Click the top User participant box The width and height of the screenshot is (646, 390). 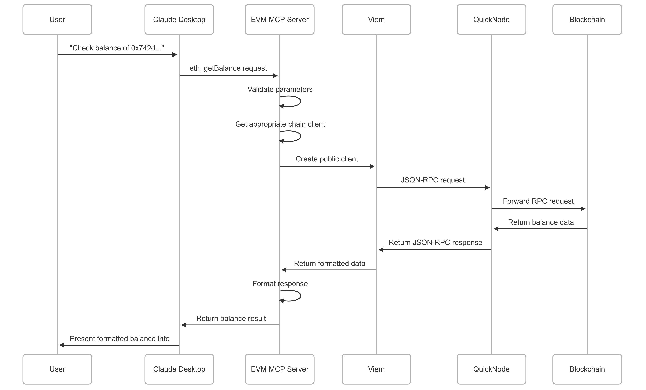point(57,19)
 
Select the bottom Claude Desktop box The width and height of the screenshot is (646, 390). point(179,369)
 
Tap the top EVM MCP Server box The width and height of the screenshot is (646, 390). point(279,19)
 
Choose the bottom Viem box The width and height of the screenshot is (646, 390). point(376,369)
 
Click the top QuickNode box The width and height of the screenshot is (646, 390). point(491,19)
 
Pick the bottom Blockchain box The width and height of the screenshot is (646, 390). point(587,369)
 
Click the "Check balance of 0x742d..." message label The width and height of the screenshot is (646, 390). point(117,48)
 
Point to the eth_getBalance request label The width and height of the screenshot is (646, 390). point(228,68)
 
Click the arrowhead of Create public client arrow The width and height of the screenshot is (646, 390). point(372,166)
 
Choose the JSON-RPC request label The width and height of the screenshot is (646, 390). point(433,180)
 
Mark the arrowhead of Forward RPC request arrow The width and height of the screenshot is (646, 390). point(583,209)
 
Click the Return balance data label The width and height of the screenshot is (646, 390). point(541,222)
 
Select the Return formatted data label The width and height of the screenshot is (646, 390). point(329,263)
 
